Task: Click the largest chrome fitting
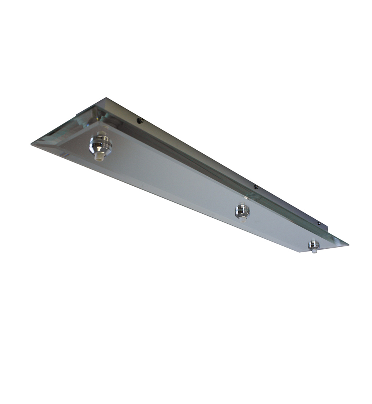(x=100, y=144)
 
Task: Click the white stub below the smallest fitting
(x=314, y=252)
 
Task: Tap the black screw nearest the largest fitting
(x=140, y=120)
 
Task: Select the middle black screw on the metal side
(x=256, y=187)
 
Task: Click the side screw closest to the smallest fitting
(x=319, y=224)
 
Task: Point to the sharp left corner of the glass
(x=32, y=144)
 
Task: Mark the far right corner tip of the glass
(x=348, y=244)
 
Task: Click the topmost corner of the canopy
(x=105, y=98)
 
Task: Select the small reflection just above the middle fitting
(x=246, y=197)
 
